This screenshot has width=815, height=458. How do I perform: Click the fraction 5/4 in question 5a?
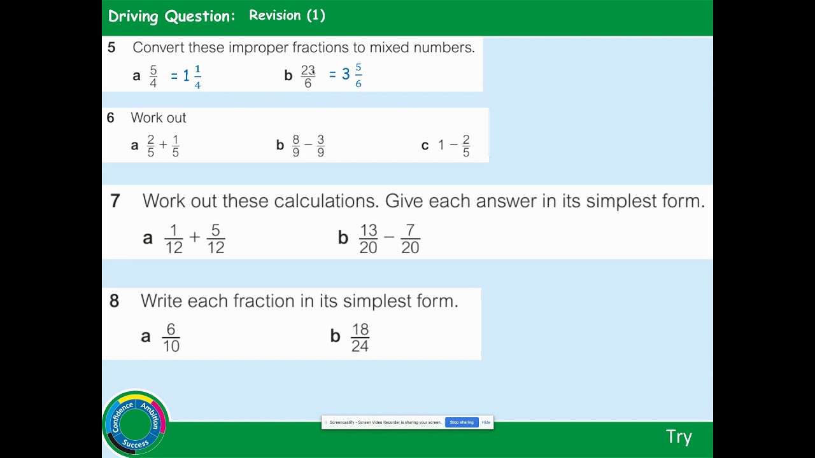(x=153, y=76)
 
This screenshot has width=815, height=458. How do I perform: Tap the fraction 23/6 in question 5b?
(x=308, y=76)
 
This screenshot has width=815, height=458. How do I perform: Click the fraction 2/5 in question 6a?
(x=151, y=146)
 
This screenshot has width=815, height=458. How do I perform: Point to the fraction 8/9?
(x=296, y=146)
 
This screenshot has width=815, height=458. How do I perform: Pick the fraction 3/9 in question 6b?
(x=320, y=146)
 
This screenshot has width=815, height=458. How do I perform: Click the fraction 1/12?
(x=174, y=239)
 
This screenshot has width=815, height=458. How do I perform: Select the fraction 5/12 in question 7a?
(x=216, y=239)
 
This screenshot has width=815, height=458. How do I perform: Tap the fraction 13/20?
(x=368, y=239)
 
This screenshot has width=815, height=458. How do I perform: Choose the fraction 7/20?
(x=410, y=239)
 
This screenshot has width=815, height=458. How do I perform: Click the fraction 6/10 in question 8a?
(x=171, y=338)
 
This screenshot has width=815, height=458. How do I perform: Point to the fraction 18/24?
(x=360, y=338)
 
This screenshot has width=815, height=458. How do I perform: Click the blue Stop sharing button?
(x=462, y=422)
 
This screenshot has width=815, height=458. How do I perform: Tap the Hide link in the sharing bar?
(x=486, y=422)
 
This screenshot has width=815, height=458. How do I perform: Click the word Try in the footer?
(x=679, y=437)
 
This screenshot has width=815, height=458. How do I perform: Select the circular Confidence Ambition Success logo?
(x=135, y=422)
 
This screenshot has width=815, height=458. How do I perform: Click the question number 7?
(x=115, y=202)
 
